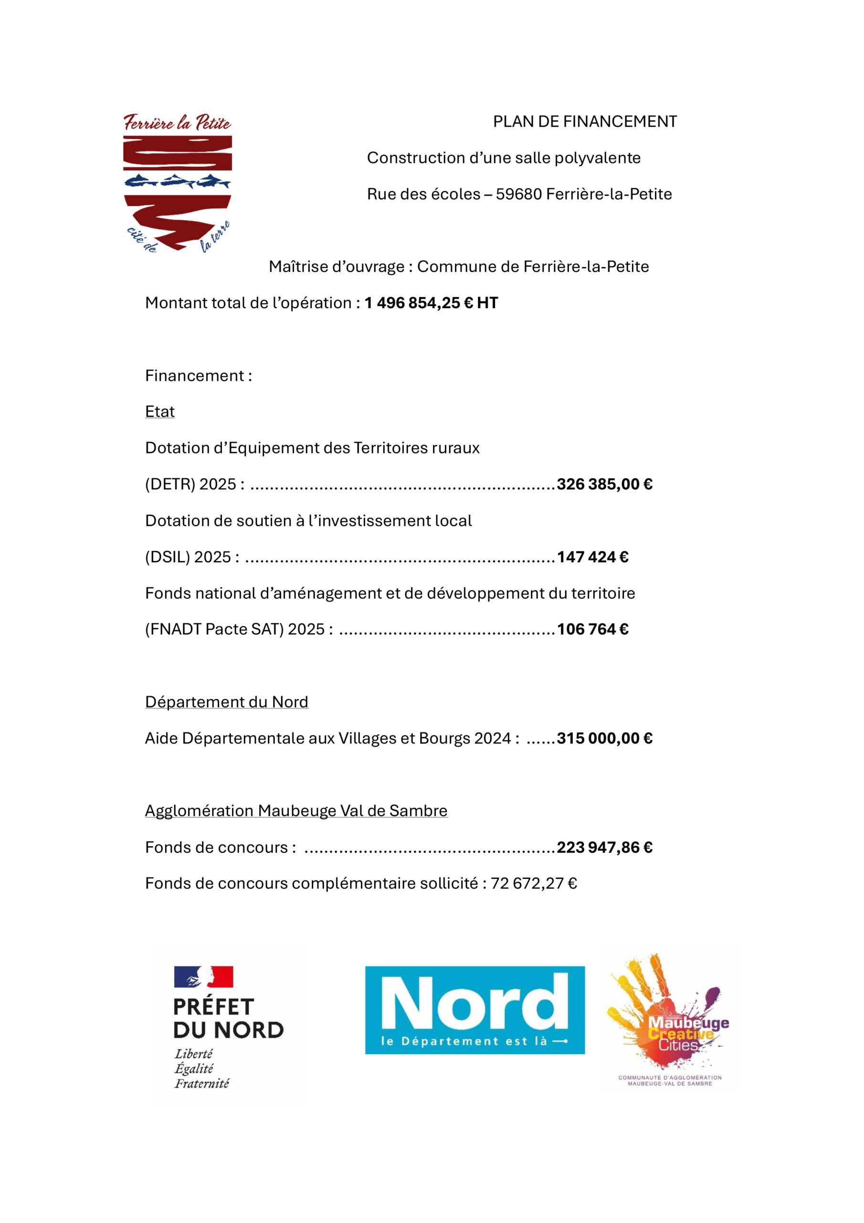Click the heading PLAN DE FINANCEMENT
[585, 122]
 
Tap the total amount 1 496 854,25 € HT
[431, 303]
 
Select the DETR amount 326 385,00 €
[604, 484]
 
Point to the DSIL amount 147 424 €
[592, 557]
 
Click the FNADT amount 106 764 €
[592, 630]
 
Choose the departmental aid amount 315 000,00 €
[604, 738]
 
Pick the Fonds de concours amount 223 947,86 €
[604, 848]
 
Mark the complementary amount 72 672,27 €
[533, 884]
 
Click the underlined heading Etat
[160, 412]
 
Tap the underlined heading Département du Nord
[226, 702]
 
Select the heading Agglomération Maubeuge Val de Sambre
[296, 811]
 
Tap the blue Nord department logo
[474, 1010]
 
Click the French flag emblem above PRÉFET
[203, 976]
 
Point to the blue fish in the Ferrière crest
[177, 182]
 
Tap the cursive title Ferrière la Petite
[177, 122]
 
